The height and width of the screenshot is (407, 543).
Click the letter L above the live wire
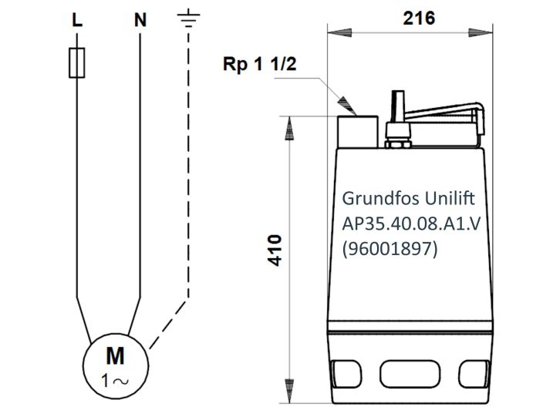(76, 21)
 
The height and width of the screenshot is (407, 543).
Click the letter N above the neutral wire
(140, 21)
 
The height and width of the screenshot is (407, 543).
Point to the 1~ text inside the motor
(115, 378)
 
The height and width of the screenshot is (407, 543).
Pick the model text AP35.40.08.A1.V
(411, 224)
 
